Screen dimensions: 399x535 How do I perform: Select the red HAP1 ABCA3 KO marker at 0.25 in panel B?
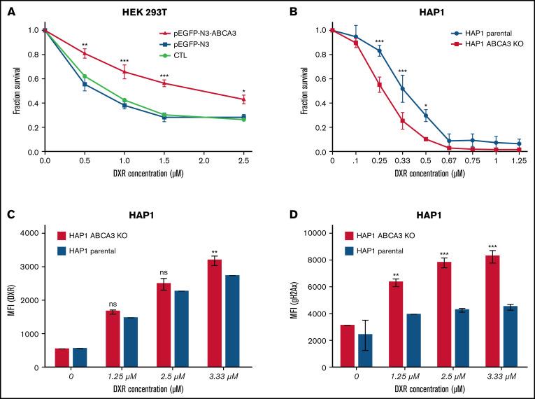pyautogui.click(x=380, y=85)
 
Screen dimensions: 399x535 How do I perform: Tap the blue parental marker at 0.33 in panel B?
pyautogui.click(x=403, y=88)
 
